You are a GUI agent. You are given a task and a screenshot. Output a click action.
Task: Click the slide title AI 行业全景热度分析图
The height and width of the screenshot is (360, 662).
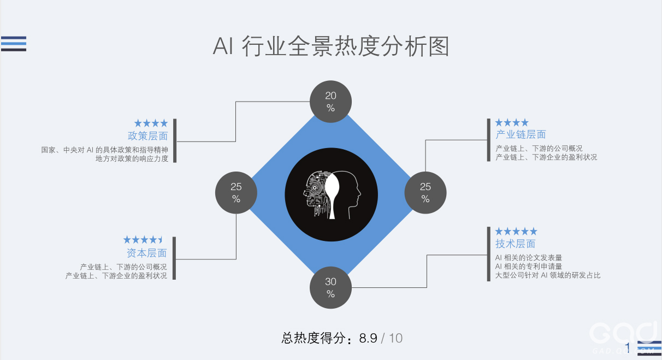tap(330, 46)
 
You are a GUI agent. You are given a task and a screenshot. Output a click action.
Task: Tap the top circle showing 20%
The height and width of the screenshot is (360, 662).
tap(330, 102)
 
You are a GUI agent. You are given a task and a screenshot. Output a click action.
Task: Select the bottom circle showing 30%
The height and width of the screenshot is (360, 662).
tap(330, 287)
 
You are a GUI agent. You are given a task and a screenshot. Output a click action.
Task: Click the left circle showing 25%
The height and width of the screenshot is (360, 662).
tap(236, 192)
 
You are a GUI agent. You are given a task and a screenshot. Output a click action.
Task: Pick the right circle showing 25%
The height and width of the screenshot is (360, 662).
tap(425, 192)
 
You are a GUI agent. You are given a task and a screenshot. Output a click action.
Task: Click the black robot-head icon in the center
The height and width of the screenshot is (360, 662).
tap(331, 194)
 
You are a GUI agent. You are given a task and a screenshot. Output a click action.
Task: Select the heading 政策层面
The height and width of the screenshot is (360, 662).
tap(147, 136)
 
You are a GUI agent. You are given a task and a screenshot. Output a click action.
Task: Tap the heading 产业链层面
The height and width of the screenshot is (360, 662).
tap(521, 134)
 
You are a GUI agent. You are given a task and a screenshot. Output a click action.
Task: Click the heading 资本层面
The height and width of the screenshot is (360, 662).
tap(146, 253)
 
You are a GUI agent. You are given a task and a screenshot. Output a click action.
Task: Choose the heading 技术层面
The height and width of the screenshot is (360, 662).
tap(515, 244)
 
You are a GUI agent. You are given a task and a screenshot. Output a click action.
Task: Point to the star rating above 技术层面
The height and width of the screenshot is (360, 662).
tap(516, 232)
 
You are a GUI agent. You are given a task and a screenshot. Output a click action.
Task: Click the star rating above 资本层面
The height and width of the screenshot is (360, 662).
tap(143, 240)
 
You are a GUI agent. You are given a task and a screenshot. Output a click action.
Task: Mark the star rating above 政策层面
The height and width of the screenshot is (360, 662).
tap(151, 123)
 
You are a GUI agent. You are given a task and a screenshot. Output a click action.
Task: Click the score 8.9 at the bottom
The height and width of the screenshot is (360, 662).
tap(368, 338)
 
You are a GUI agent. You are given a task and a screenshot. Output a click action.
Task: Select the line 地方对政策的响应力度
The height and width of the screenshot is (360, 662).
tap(132, 158)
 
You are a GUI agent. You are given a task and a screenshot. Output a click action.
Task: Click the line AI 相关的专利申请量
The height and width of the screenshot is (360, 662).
tap(528, 266)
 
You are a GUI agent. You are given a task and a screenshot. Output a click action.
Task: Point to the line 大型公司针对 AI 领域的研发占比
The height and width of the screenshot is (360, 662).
tap(547, 275)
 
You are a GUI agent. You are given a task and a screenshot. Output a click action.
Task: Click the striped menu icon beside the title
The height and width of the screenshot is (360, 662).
tap(14, 43)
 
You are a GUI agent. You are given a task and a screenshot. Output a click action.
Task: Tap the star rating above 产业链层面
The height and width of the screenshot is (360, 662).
tap(512, 122)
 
